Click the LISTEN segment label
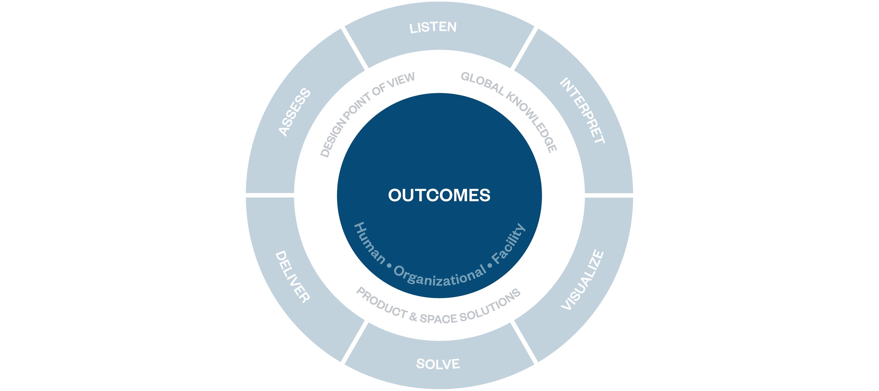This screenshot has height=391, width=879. [x=433, y=27]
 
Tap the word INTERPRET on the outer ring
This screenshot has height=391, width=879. [x=582, y=110]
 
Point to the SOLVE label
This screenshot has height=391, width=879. [x=438, y=364]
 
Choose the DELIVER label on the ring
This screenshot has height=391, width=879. [x=293, y=277]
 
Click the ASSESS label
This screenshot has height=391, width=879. [x=295, y=112]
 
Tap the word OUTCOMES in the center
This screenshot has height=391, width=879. [x=439, y=195]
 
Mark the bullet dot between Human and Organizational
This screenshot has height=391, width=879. [x=389, y=265]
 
